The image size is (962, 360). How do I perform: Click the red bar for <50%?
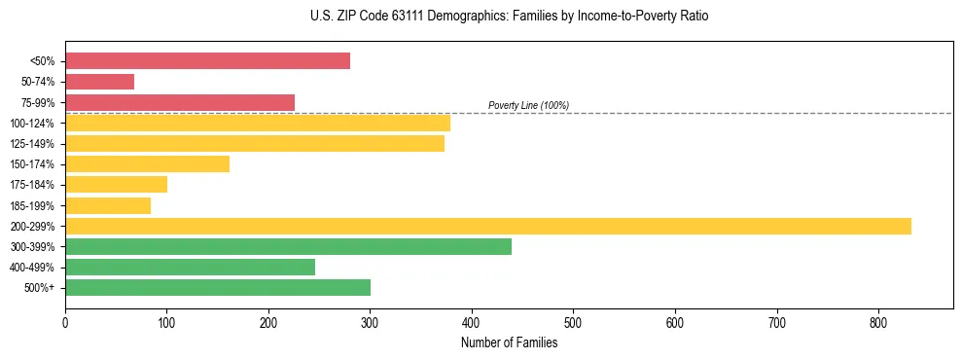tap(207, 61)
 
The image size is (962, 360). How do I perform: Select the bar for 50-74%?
tap(99, 82)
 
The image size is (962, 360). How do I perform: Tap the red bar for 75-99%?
tap(180, 102)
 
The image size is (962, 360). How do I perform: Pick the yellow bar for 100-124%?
tap(258, 123)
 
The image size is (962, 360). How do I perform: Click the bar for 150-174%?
tap(147, 163)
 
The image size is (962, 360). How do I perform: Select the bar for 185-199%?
tap(108, 205)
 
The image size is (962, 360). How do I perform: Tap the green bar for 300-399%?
tap(288, 246)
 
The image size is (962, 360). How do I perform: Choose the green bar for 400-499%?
tap(190, 267)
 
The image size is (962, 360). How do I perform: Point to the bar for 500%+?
tap(218, 287)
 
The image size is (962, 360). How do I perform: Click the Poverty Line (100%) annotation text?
tap(528, 105)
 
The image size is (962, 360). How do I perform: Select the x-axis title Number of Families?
tap(509, 342)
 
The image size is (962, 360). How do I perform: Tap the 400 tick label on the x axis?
tap(472, 322)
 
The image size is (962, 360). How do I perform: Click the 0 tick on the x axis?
tap(65, 322)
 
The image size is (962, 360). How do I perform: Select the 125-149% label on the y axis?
tap(32, 144)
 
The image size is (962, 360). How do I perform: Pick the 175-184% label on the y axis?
tap(32, 185)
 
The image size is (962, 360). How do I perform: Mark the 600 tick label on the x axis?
tap(675, 322)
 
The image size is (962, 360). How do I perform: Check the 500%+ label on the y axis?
tap(38, 288)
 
